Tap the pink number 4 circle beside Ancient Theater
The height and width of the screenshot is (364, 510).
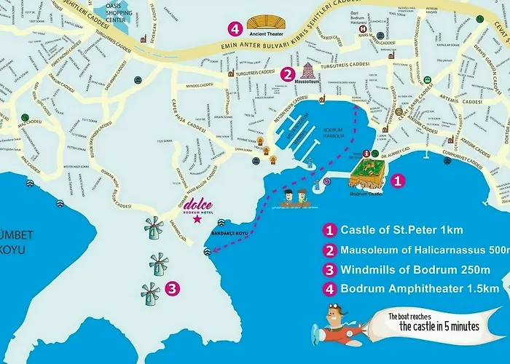point(235,29)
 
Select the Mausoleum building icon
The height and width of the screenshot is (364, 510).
point(309,71)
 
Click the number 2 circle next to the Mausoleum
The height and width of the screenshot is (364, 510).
point(288,74)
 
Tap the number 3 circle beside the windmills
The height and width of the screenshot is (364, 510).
point(172,288)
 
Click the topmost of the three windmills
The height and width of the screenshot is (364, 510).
point(153,229)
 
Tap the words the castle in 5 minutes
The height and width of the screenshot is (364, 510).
point(439,326)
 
